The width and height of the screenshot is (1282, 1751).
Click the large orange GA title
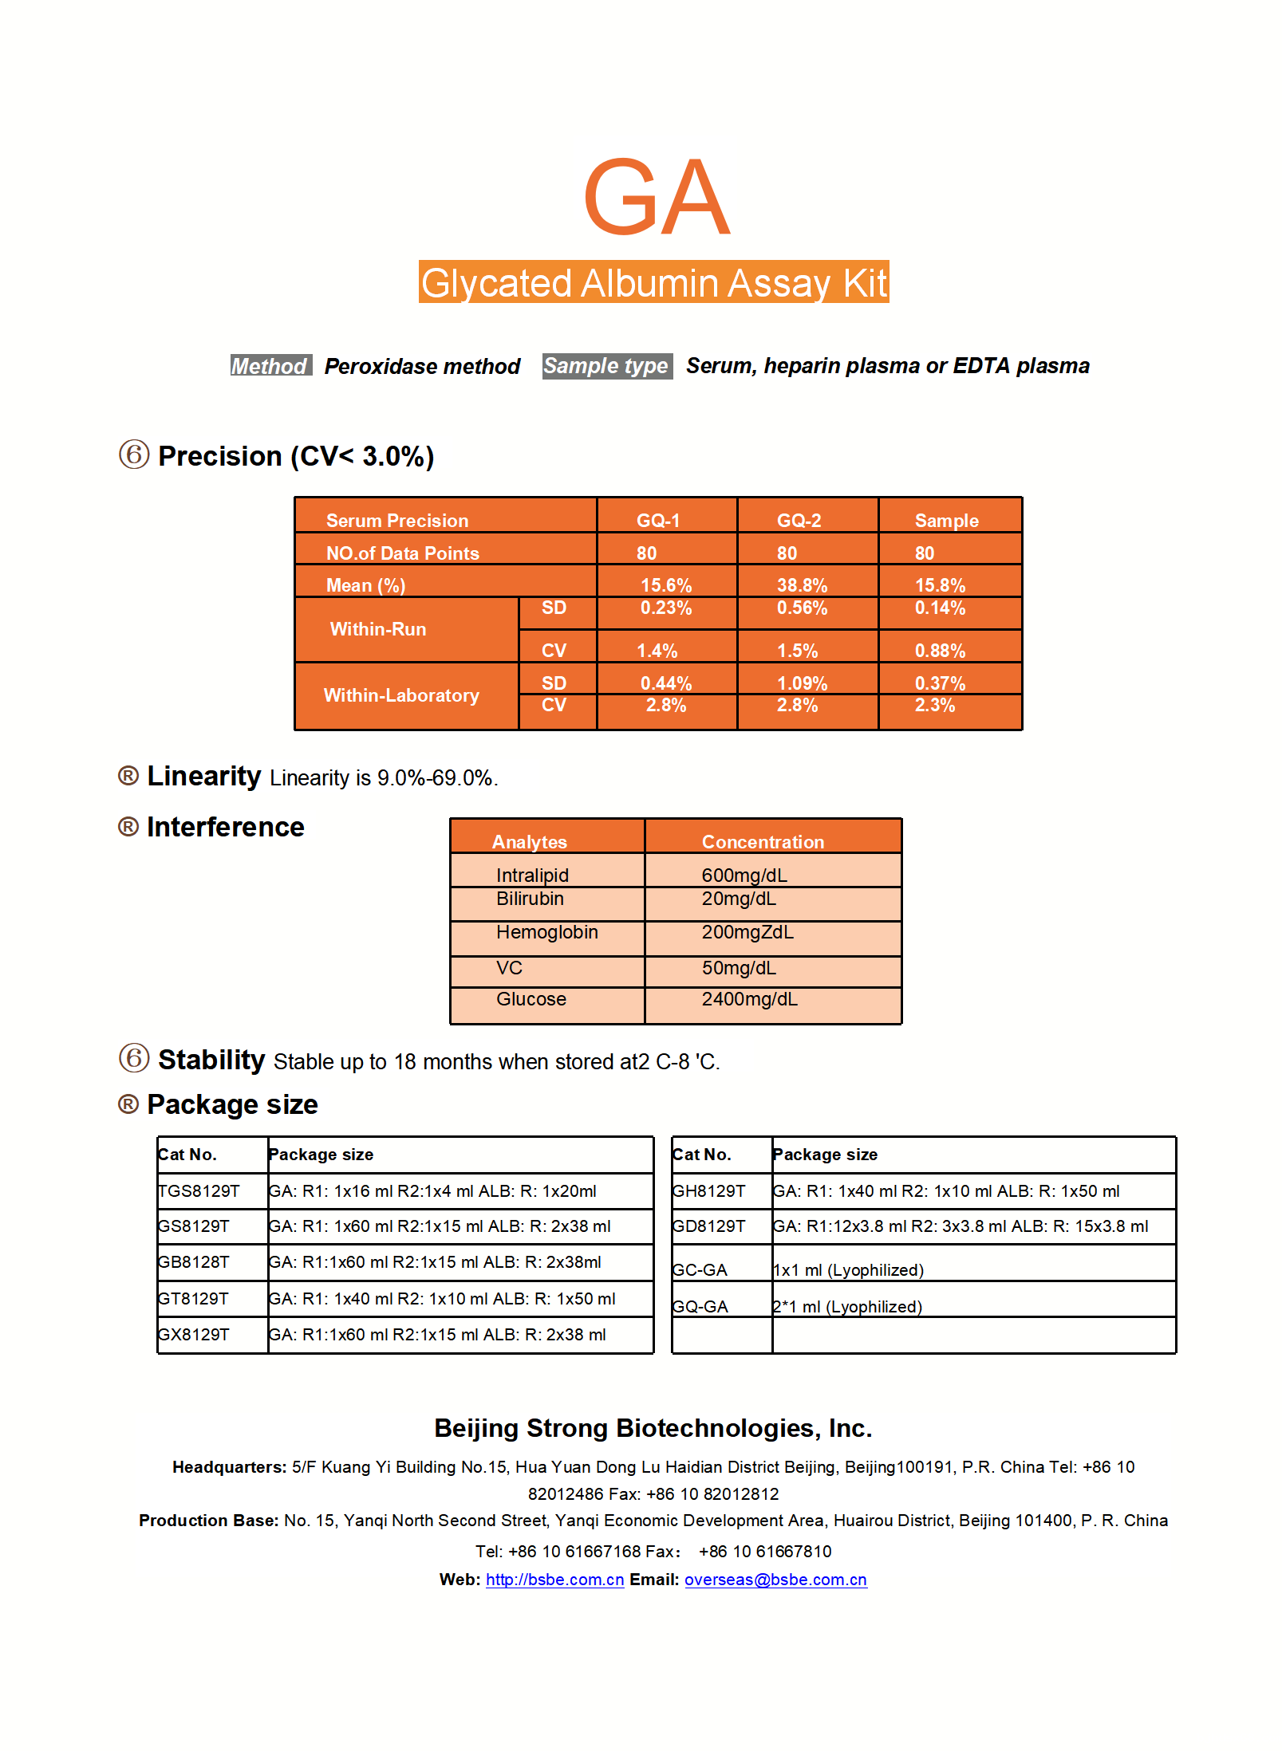656,197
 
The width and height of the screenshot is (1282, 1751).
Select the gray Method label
270,366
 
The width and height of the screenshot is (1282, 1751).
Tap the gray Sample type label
606,366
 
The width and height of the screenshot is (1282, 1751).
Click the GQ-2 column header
799,521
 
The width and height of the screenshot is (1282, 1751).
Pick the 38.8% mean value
802,585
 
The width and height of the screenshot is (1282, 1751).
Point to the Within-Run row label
378,629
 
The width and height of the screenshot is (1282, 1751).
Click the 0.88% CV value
940,651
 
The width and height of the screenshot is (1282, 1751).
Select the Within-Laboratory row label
401,695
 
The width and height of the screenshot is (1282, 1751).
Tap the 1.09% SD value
802,683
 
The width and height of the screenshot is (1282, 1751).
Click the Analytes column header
529,842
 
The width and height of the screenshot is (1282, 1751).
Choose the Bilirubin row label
530,899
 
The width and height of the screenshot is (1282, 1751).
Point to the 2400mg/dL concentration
749,999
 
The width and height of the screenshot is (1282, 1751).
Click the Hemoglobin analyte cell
546,932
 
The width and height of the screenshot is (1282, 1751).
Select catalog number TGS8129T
199,1191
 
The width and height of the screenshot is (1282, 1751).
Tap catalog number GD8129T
708,1226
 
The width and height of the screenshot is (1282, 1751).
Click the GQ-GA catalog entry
700,1306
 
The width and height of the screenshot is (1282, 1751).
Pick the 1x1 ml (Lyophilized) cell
848,1270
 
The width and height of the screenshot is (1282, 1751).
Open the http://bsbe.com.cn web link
554,1580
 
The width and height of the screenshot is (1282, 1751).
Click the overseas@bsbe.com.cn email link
775,1580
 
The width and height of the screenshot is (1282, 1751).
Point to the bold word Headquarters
229,1467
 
